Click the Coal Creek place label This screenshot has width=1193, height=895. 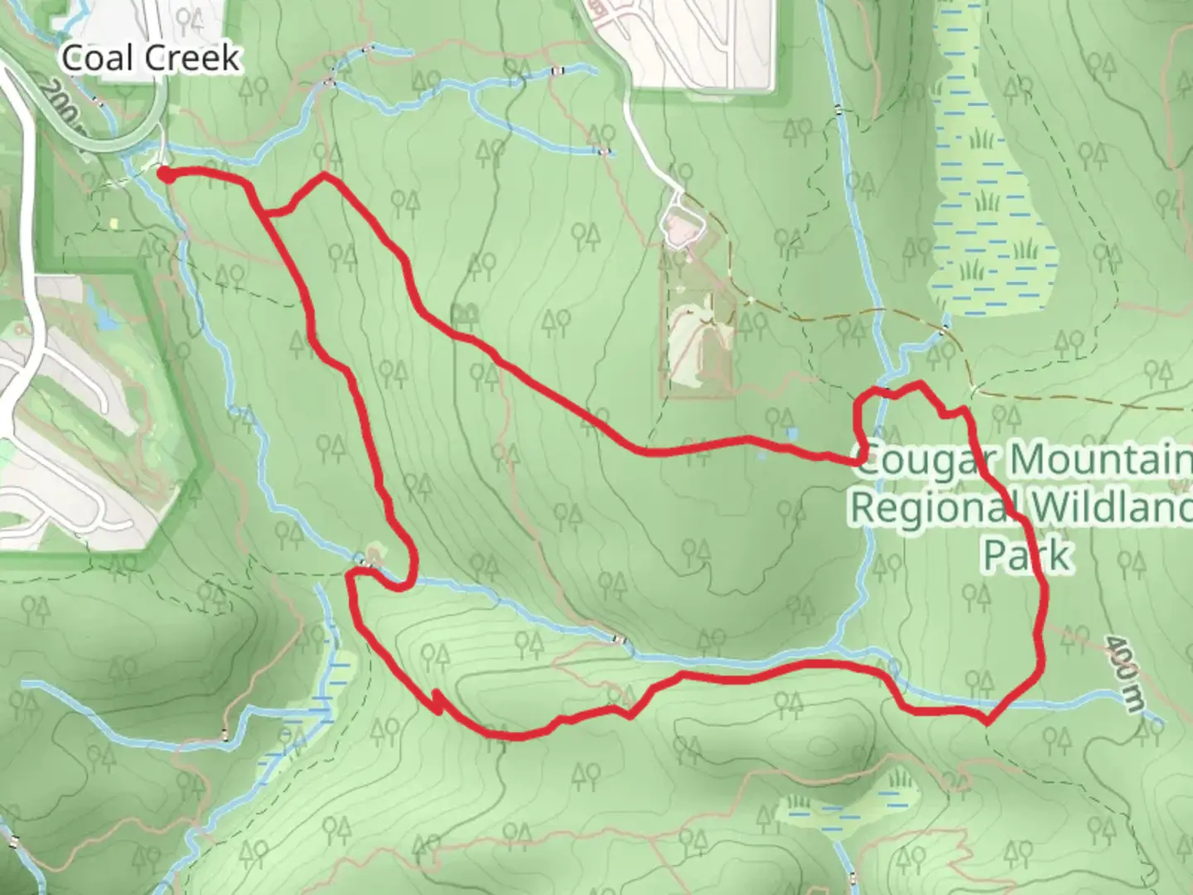pyautogui.click(x=151, y=58)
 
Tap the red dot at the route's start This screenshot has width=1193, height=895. pyautogui.click(x=166, y=174)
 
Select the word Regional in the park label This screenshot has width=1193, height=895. pyautogui.click(x=930, y=506)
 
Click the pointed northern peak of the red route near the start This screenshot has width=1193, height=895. pyautogui.click(x=325, y=177)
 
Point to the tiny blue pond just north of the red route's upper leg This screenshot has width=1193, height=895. pyautogui.click(x=792, y=433)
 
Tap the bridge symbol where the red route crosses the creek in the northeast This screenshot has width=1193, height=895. pyautogui.click(x=888, y=389)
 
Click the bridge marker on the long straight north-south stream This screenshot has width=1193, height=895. pyautogui.click(x=838, y=109)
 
